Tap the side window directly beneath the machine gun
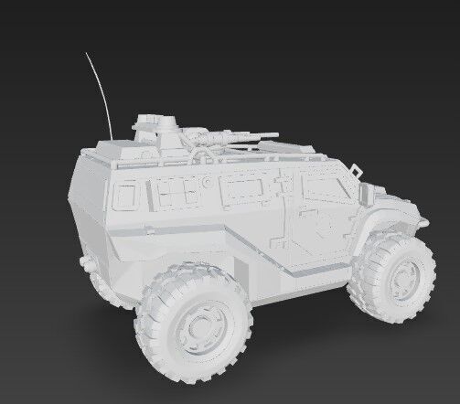click(x=242, y=190)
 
